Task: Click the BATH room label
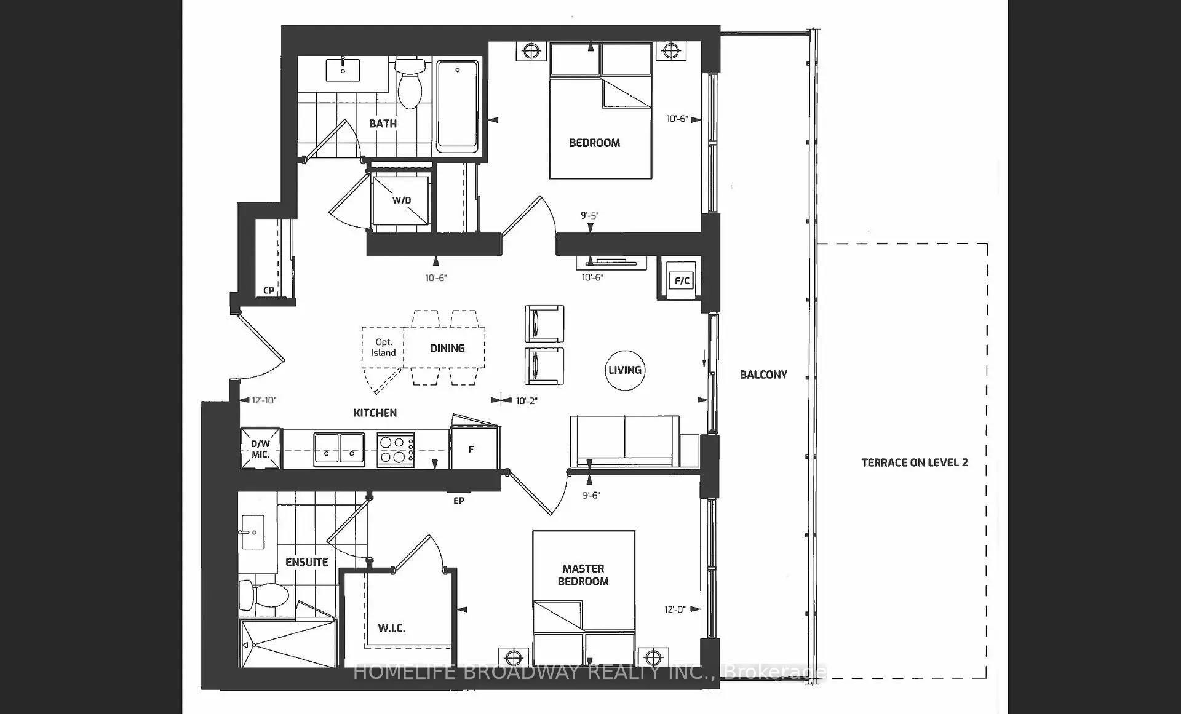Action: [383, 124]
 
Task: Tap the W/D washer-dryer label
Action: [402, 200]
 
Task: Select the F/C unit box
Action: [682, 281]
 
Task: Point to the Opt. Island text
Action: [383, 347]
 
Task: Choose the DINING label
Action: [447, 348]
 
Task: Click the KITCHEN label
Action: [375, 413]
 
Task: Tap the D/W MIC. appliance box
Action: [260, 448]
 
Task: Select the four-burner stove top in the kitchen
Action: [396, 450]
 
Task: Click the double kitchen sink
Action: [339, 450]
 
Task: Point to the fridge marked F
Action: [474, 448]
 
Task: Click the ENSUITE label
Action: [307, 562]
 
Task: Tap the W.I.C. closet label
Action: [391, 628]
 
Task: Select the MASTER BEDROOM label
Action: [583, 575]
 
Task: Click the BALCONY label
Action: [763, 375]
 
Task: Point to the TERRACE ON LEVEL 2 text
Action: [915, 462]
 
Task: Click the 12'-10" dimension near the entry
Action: [264, 400]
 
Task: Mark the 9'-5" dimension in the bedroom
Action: [589, 216]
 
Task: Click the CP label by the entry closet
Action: [269, 290]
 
